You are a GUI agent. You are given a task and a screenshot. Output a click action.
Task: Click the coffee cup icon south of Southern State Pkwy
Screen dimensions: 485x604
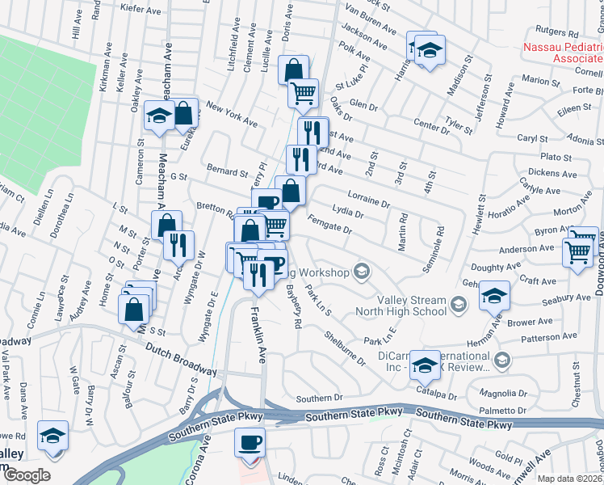250,442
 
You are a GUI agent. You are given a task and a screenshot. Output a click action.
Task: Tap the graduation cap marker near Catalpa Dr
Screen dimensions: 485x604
425,365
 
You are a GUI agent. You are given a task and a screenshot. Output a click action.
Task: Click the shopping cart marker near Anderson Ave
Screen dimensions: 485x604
578,253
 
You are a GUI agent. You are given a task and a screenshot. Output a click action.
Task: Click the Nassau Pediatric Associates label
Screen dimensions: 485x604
563,53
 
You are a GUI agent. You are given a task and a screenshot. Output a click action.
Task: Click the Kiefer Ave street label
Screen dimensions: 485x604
141,9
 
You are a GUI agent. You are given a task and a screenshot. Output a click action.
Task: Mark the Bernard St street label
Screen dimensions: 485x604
227,172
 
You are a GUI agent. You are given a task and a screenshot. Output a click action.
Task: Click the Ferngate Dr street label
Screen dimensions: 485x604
329,226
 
